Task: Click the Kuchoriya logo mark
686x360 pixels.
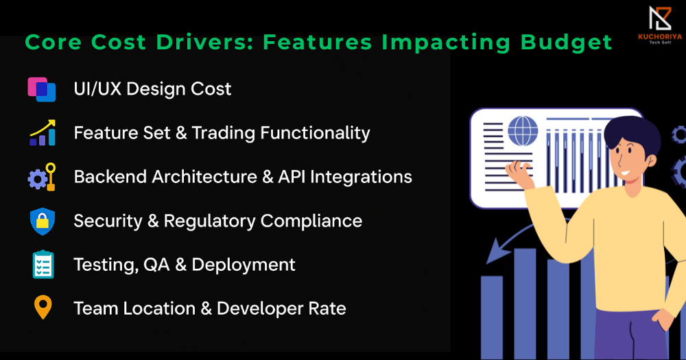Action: pos(660,19)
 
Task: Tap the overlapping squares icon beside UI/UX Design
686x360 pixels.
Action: pos(42,89)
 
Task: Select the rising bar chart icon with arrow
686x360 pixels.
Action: pos(43,132)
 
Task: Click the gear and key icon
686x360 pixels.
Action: pos(42,177)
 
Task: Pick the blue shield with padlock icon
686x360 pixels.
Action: pos(43,221)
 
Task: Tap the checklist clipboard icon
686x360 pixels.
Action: pos(43,265)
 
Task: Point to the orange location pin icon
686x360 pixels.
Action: pos(43,307)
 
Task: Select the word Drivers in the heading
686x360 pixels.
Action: pos(204,42)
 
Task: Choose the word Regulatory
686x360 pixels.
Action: pos(209,221)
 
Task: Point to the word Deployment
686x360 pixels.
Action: pos(244,265)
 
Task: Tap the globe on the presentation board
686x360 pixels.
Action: pos(522,131)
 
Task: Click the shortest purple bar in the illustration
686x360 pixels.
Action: pos(492,317)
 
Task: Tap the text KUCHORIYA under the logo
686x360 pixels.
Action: pos(660,37)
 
